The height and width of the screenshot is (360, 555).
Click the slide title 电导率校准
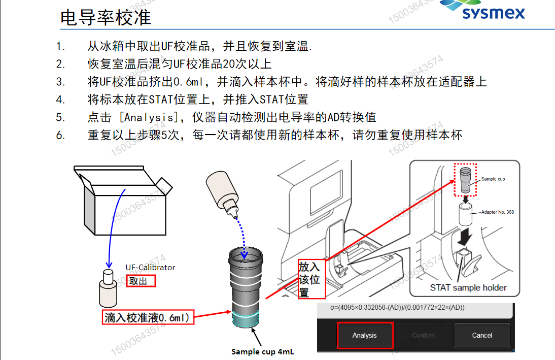106,18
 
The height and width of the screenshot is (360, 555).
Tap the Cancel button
481,335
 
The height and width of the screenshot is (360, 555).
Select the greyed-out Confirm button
423,335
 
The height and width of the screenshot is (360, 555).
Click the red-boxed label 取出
141,281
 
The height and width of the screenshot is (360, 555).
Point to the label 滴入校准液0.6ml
148,318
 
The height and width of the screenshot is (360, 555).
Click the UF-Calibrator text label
150,267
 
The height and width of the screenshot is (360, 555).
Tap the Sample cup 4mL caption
262,351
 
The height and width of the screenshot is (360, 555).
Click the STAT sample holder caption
468,287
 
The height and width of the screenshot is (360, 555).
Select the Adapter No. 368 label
498,212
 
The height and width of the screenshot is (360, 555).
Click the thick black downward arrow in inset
464,237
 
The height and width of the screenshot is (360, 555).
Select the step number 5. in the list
61,117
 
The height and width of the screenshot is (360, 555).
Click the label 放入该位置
309,280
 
